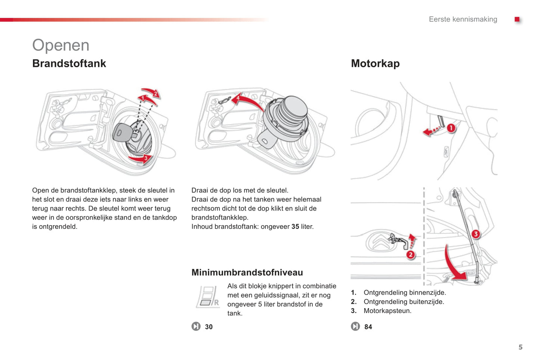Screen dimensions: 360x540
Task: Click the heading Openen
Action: coord(61,45)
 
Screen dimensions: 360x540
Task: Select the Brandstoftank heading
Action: coord(69,63)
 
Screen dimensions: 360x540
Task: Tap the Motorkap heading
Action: coord(375,63)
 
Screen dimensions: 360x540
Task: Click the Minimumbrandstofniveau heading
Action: coord(247,272)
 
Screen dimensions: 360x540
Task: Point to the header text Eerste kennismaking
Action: coord(463,19)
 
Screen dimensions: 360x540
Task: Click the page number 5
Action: coord(520,347)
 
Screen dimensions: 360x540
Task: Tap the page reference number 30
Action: coord(209,327)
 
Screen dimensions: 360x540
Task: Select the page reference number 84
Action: coord(368,327)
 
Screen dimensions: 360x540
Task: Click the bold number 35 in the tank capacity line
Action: coord(295,227)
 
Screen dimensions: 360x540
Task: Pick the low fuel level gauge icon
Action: coord(208,297)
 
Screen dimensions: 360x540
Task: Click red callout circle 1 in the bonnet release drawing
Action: coord(451,128)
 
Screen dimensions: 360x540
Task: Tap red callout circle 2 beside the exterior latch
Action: coord(411,255)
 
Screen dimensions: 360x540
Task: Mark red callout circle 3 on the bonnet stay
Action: coord(475,234)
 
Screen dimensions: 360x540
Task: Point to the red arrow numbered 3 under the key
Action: coord(142,159)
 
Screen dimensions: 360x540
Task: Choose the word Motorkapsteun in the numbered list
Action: coord(387,311)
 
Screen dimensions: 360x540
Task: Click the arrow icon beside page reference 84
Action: coord(355,327)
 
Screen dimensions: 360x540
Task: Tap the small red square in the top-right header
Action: coord(517,19)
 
